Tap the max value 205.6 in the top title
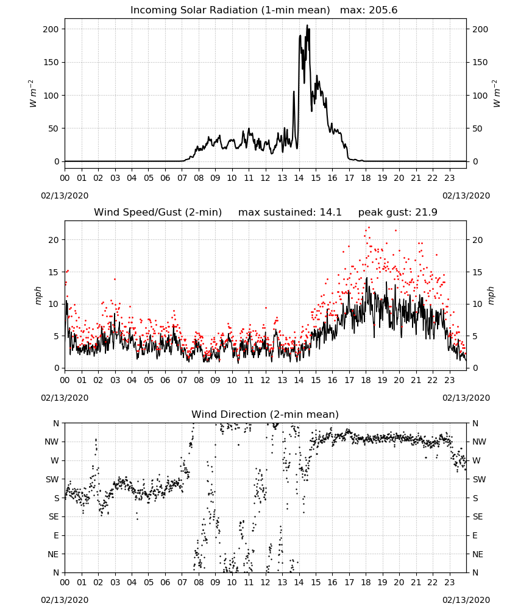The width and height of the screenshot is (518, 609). point(383,10)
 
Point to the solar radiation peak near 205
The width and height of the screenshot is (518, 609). point(307,26)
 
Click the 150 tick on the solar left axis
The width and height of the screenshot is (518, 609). point(51,62)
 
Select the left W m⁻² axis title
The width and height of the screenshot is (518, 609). point(33,94)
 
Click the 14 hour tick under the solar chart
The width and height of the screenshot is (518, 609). point(299,178)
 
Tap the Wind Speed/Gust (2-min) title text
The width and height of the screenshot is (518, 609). point(158,213)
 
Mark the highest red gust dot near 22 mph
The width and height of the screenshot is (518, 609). point(369,228)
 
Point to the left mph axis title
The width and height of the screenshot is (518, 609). point(38,295)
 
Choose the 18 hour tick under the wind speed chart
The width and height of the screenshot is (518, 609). point(366,380)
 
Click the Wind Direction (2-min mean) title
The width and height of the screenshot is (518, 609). point(265,414)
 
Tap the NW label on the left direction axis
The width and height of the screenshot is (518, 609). point(52,442)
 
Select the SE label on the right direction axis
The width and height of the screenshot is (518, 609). point(478,517)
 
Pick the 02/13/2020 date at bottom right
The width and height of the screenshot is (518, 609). point(466,600)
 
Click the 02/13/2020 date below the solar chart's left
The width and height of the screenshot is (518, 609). point(65,195)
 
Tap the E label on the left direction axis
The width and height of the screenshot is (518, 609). point(56,535)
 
